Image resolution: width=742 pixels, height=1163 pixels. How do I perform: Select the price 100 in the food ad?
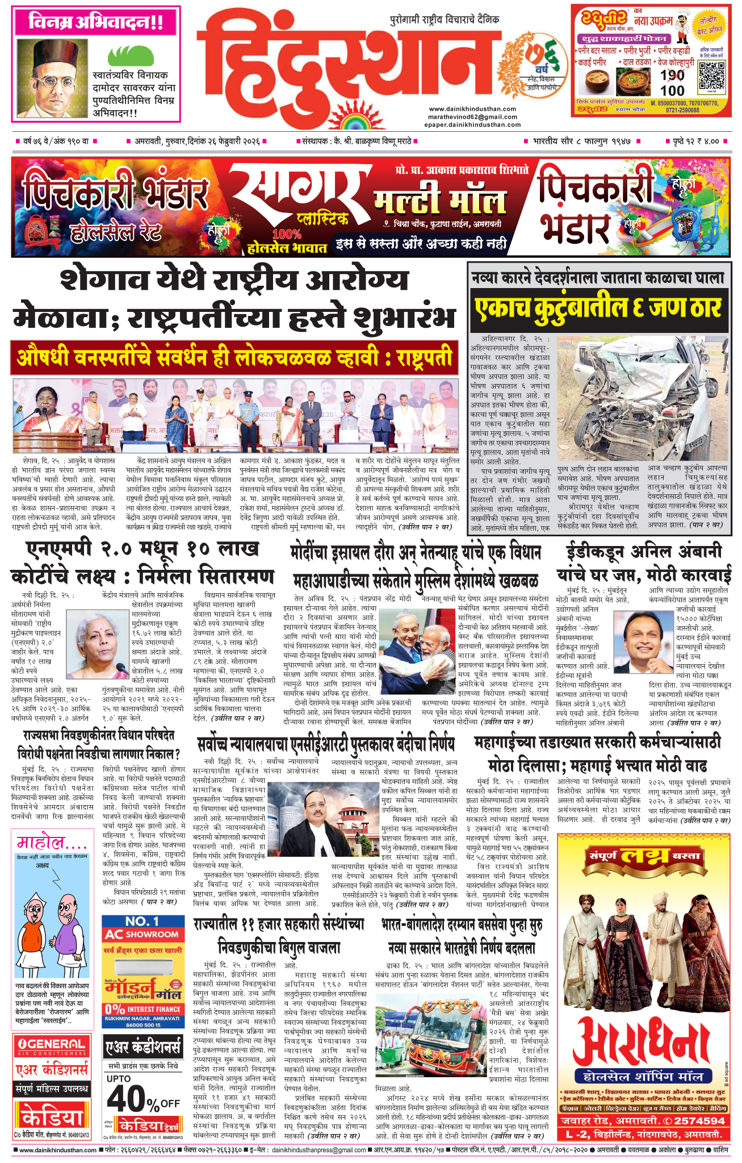click(672, 90)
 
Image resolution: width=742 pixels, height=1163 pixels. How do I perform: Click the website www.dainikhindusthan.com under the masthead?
click(472, 109)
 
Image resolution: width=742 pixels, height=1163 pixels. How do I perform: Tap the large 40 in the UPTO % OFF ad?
click(125, 1100)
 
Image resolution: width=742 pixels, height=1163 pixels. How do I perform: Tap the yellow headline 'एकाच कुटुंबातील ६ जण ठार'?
click(597, 309)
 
